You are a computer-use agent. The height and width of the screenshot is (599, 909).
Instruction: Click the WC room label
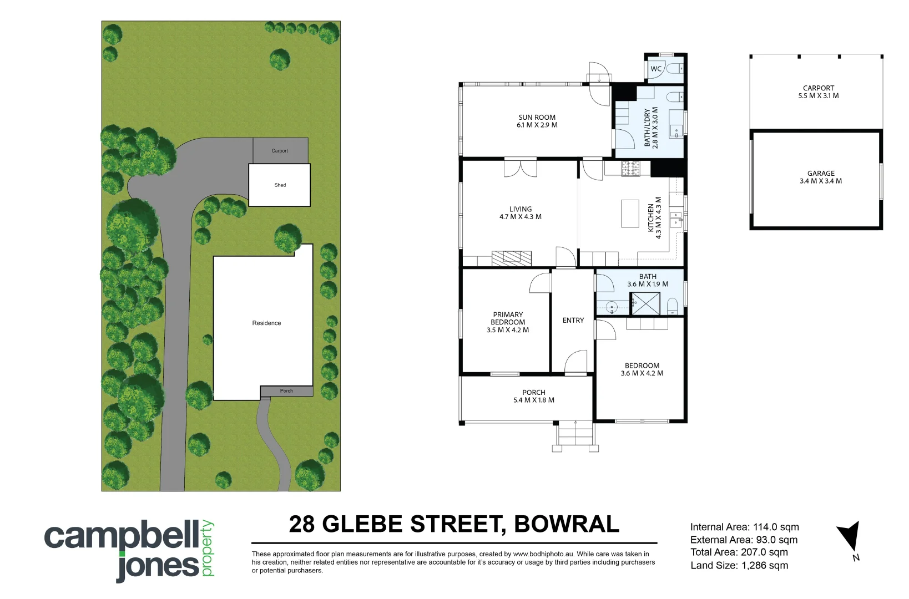[x=656, y=69]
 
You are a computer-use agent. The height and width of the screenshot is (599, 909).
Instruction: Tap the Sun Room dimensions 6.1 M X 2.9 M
[x=537, y=125]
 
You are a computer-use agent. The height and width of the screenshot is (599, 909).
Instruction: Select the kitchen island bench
[x=630, y=214]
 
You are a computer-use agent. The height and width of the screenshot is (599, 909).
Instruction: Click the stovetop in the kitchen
[x=630, y=168]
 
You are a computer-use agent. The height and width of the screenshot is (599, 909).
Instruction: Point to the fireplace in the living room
[x=511, y=258]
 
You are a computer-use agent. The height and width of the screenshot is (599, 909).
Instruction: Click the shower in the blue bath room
[x=645, y=303]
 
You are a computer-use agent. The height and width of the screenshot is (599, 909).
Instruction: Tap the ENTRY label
[x=573, y=321]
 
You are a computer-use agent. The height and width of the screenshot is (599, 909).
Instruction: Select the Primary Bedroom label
[x=508, y=318]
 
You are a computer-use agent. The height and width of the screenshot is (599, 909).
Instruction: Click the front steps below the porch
[x=575, y=434]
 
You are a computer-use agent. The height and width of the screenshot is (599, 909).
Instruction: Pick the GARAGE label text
[x=821, y=174]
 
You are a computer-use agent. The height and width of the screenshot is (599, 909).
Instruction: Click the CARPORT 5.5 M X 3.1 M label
[x=819, y=92]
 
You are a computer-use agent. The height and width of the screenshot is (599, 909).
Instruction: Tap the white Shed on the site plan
[x=280, y=185]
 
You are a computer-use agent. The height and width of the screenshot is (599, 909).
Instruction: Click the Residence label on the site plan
[x=266, y=323]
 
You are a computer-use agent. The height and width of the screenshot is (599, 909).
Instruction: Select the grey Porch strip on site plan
[x=286, y=391]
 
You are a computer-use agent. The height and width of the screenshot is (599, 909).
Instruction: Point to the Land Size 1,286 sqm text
[x=739, y=566]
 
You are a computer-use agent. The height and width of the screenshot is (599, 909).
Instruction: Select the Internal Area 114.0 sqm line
[x=744, y=527]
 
